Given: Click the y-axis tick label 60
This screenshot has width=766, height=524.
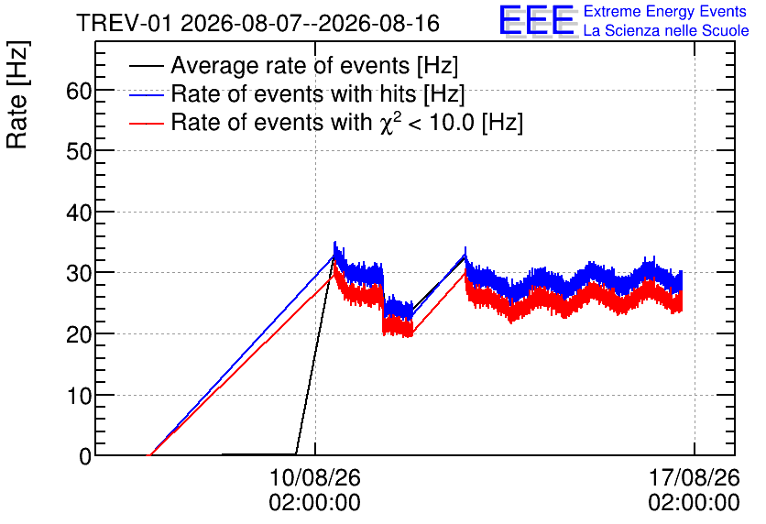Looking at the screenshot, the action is [x=79, y=91].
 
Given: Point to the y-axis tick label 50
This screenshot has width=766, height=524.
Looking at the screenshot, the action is [x=79, y=152].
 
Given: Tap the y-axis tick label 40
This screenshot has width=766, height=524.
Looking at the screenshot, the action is [x=79, y=213].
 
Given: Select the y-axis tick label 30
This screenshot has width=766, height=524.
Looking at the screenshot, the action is [x=79, y=274].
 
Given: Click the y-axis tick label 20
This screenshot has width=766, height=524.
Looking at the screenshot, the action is [x=79, y=335].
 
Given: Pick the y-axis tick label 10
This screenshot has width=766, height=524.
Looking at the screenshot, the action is [x=79, y=396].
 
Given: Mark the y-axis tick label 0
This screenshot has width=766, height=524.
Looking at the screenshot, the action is [x=85, y=457].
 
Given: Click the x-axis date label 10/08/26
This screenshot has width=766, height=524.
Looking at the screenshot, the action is [x=314, y=477].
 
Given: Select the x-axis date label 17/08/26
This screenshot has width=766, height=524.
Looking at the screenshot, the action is [x=695, y=477].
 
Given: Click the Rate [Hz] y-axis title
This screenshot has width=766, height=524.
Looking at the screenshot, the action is [x=17, y=94].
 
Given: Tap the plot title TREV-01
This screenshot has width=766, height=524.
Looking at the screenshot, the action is [x=124, y=23].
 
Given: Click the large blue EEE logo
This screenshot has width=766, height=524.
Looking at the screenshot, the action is [x=538, y=21].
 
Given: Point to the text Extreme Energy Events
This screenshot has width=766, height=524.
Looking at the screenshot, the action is [x=665, y=11].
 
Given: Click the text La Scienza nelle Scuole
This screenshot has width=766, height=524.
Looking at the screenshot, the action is [x=666, y=30].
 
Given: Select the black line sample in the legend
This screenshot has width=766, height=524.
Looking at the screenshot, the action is [x=147, y=66].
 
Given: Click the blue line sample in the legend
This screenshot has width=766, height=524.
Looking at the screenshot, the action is [x=147, y=94].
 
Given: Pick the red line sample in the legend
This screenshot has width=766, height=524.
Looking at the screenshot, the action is [x=147, y=123].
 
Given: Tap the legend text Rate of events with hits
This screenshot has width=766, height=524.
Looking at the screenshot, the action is [x=293, y=93].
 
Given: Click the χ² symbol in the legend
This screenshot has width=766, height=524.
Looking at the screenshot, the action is [x=389, y=123].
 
